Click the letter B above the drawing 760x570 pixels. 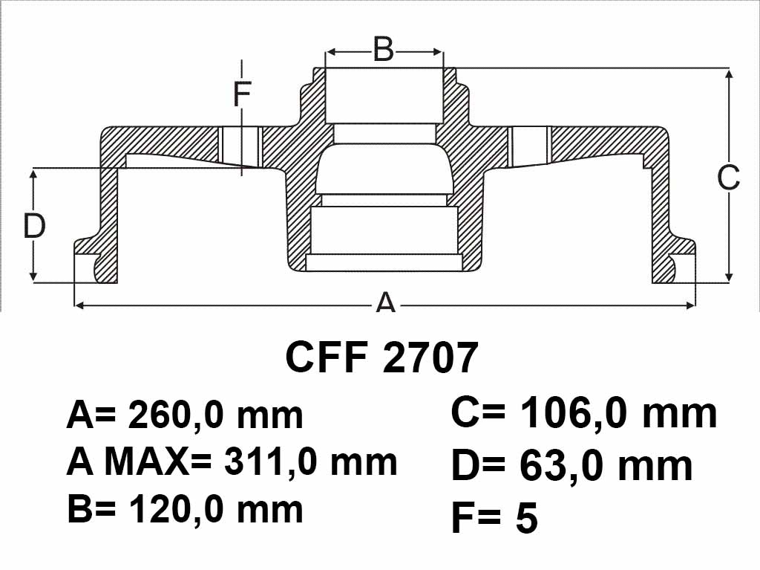[x=384, y=49]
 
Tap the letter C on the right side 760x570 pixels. [x=729, y=177]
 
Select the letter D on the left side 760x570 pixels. [x=34, y=226]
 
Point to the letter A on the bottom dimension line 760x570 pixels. [x=386, y=302]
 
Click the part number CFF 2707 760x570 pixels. [x=382, y=357]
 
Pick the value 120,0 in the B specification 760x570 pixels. [x=175, y=510]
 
